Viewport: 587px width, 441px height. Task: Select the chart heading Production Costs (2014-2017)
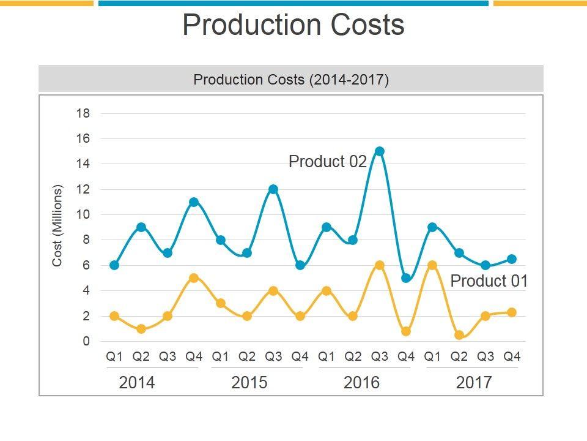click(x=291, y=80)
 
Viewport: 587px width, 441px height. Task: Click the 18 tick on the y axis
click(x=83, y=113)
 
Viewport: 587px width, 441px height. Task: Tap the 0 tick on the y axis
click(x=86, y=341)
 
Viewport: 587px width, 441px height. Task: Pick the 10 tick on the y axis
click(x=83, y=214)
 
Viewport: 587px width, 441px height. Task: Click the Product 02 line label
click(x=327, y=162)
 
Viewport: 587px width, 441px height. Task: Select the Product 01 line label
click(x=489, y=281)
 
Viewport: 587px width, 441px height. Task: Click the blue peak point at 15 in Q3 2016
click(x=379, y=151)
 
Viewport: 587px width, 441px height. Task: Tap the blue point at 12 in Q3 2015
click(x=273, y=189)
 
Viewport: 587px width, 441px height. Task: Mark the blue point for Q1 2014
click(x=114, y=265)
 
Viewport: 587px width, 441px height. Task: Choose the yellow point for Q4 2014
click(x=194, y=278)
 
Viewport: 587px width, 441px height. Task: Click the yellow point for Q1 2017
click(x=432, y=265)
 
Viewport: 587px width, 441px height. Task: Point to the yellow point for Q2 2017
click(x=459, y=335)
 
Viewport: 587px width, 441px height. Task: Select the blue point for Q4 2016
click(x=406, y=278)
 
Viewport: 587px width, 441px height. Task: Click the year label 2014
click(x=137, y=383)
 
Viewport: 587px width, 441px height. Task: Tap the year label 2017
click(x=474, y=383)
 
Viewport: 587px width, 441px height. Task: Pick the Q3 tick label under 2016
click(x=380, y=356)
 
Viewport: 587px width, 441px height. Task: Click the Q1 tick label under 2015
click(x=221, y=356)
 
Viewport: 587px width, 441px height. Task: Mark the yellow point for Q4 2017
click(x=512, y=312)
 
